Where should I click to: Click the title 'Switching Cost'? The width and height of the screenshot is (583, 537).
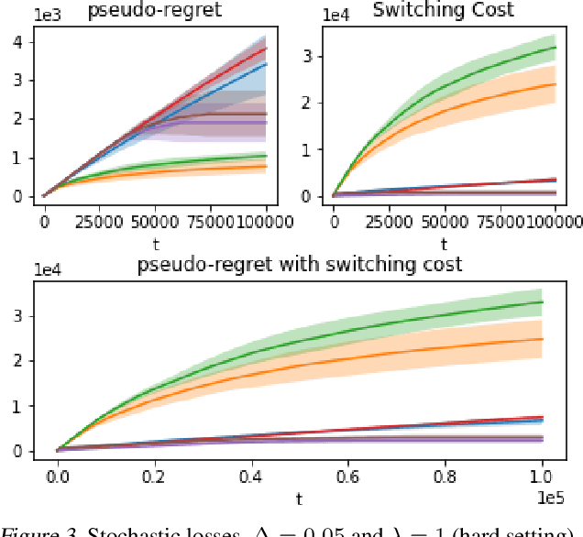(x=443, y=11)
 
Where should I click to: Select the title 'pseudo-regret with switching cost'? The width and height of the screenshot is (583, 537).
(x=299, y=265)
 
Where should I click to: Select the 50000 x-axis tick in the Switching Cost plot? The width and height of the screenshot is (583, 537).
(x=443, y=220)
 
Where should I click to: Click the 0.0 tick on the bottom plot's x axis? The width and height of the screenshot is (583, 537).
(x=58, y=477)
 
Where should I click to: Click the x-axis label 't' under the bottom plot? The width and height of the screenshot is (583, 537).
(x=299, y=499)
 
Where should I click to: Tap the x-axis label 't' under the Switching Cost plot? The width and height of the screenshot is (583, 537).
(x=443, y=243)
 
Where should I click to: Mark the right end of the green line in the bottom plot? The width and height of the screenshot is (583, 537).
(x=543, y=302)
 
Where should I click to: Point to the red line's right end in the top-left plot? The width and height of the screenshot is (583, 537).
(x=266, y=49)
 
